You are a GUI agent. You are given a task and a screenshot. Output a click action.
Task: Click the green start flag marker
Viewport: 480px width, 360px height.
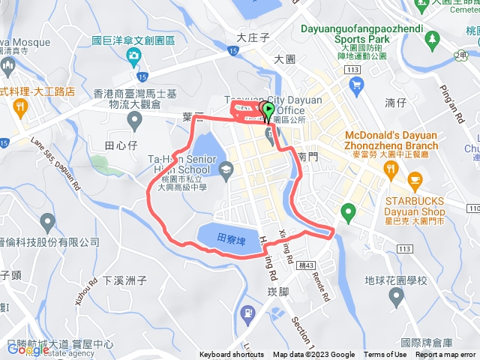269,112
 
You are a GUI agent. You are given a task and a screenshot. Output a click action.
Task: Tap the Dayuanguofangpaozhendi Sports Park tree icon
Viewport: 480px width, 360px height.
433,37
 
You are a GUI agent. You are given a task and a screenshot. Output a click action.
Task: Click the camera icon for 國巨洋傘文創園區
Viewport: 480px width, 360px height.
133,55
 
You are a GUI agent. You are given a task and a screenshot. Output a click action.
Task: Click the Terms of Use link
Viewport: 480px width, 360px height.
385,355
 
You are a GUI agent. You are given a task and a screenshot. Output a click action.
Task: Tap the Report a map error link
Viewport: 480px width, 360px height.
446,355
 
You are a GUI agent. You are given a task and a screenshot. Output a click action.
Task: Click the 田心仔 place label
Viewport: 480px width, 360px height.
120,143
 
